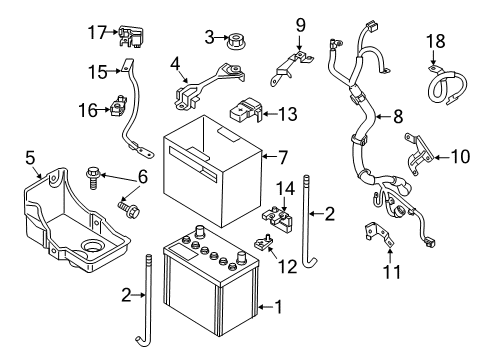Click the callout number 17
97,33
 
